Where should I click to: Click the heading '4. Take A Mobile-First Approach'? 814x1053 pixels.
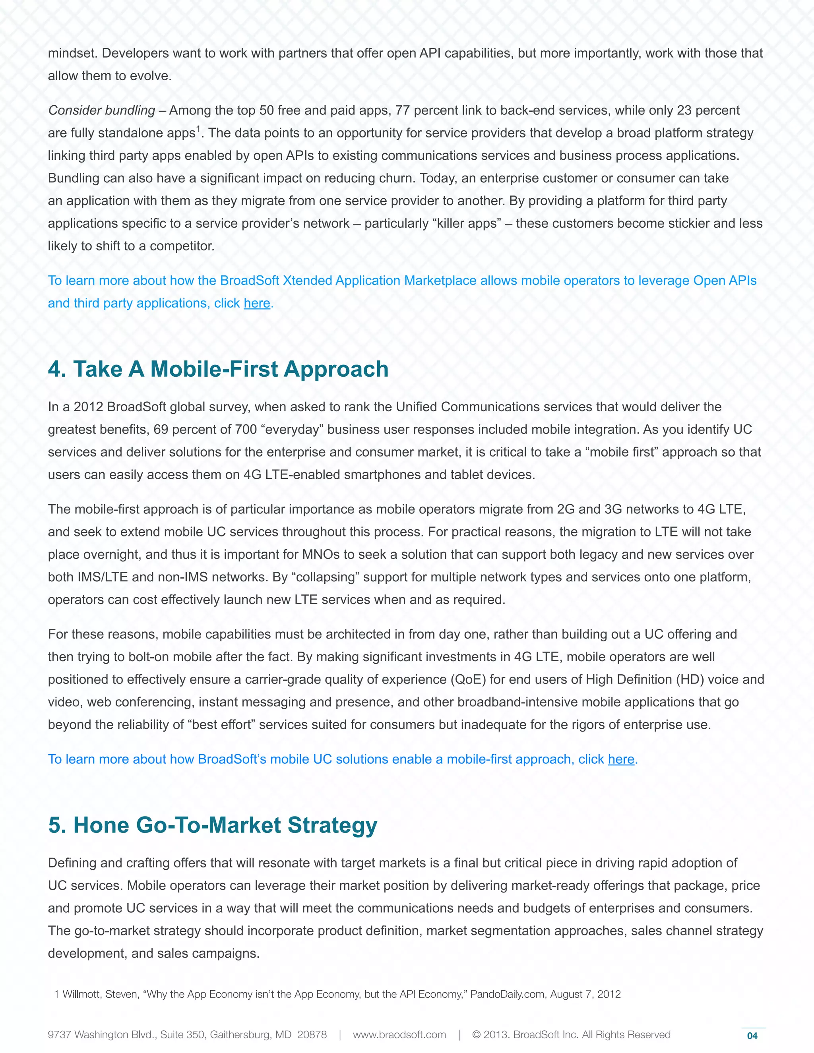coord(218,369)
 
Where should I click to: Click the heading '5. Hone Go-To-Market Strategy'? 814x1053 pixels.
coord(212,825)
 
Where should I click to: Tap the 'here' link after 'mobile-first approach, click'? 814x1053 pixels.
coord(620,759)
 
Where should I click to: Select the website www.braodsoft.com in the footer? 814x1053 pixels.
coord(399,1035)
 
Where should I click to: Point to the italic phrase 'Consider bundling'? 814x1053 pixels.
coord(101,110)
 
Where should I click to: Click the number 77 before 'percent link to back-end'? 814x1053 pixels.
coord(403,110)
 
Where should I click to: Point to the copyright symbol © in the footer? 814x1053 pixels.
coord(477,1035)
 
